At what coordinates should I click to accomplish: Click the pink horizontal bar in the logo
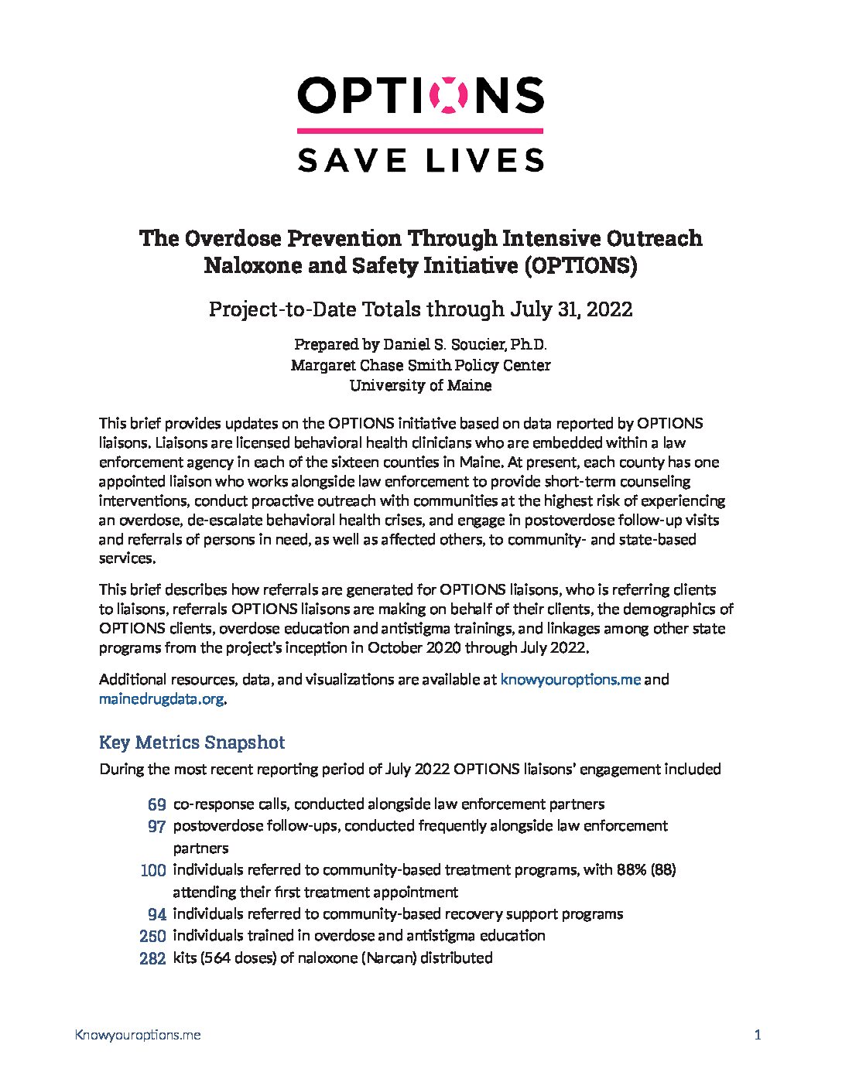point(420,131)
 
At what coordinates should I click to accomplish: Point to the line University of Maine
point(420,384)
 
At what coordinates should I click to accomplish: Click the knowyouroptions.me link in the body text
point(570,679)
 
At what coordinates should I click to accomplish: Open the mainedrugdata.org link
point(162,699)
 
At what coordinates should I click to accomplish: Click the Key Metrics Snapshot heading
point(192,742)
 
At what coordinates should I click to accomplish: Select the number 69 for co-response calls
point(156,804)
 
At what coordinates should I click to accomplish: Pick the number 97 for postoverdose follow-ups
point(156,826)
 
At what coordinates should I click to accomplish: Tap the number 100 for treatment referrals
point(153,870)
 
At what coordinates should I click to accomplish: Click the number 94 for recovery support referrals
point(156,914)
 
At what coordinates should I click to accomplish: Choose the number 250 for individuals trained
point(152,936)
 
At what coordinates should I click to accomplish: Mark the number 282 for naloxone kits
point(152,958)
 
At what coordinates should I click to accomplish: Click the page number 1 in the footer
point(758,1035)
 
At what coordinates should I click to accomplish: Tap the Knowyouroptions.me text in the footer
point(138,1035)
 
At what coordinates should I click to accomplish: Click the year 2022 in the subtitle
point(610,309)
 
